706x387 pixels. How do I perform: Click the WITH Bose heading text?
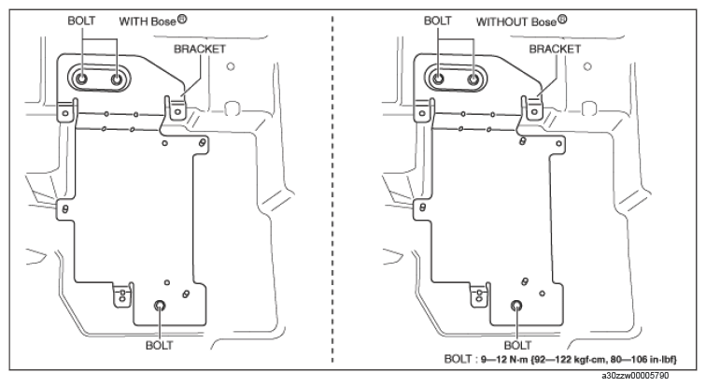[x=152, y=21]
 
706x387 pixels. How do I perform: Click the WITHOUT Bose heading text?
[x=521, y=21]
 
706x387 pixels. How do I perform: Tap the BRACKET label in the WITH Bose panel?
[x=200, y=49]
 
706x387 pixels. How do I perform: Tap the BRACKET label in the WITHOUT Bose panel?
[x=555, y=49]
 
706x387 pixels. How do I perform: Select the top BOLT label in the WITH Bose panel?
[x=81, y=21]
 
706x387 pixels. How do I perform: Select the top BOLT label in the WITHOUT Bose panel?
[x=437, y=21]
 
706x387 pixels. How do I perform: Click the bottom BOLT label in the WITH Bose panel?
[x=159, y=346]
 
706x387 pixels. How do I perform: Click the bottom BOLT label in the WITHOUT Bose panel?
[x=517, y=346]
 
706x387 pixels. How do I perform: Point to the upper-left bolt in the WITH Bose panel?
[x=82, y=79]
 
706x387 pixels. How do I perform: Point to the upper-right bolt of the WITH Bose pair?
[x=117, y=79]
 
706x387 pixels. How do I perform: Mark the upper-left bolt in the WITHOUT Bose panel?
[x=438, y=79]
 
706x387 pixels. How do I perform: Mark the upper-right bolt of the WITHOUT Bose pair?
[x=473, y=79]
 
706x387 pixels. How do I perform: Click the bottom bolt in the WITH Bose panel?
[x=159, y=306]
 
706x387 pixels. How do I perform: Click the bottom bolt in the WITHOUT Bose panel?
[x=517, y=306]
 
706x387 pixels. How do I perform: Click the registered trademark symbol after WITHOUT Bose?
[x=562, y=20]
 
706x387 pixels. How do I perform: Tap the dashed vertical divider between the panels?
[x=332, y=189]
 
